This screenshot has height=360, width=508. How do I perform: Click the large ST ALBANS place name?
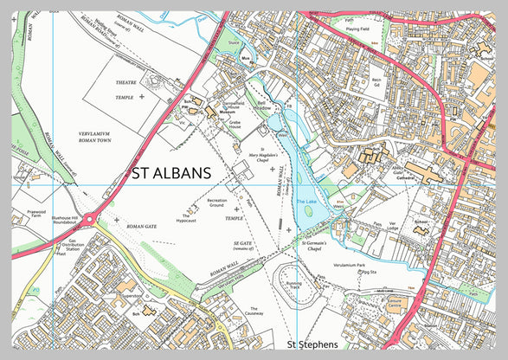pyautogui.click(x=171, y=174)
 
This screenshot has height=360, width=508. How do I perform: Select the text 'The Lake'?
pyautogui.click(x=307, y=202)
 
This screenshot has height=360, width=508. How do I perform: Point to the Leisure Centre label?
pyautogui.click(x=395, y=305)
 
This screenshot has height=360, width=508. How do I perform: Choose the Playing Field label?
pyautogui.click(x=358, y=29)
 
